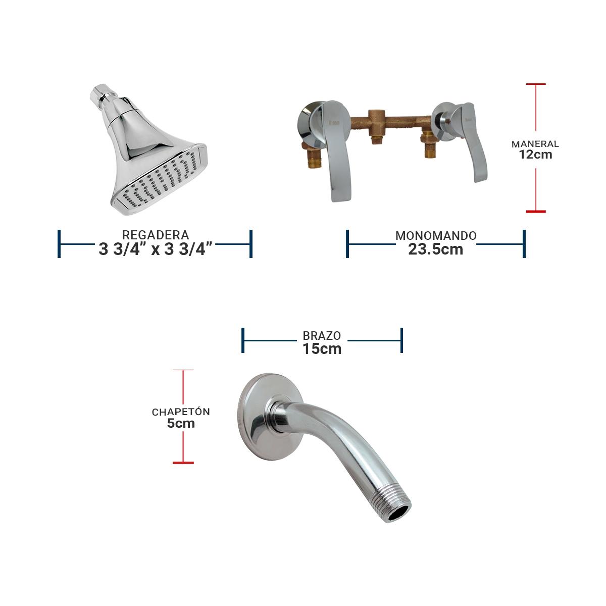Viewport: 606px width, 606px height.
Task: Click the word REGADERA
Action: pyautogui.click(x=156, y=235)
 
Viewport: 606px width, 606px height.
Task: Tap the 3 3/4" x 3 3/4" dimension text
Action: pyautogui.click(x=156, y=249)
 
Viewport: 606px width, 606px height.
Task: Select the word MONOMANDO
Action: pyautogui.click(x=436, y=235)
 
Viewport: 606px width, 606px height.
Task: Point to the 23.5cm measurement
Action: pyautogui.click(x=436, y=249)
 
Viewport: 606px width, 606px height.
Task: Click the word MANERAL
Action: pyautogui.click(x=535, y=144)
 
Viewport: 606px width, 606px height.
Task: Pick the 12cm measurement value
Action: pyautogui.click(x=536, y=155)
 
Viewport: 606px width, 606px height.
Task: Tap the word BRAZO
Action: pyautogui.click(x=322, y=336)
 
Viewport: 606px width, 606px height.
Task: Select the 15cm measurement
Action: pyautogui.click(x=322, y=349)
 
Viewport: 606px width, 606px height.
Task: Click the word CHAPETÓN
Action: pyautogui.click(x=181, y=412)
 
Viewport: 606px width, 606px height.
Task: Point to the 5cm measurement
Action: pyautogui.click(x=181, y=423)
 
